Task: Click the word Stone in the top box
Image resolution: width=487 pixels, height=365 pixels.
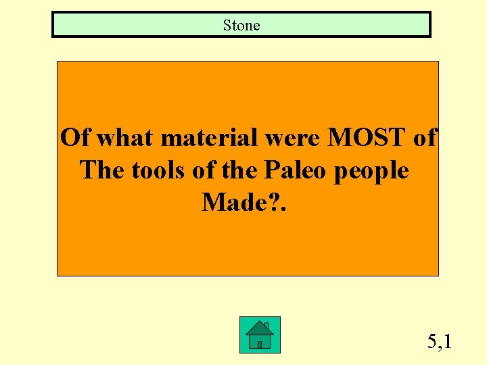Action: point(241,26)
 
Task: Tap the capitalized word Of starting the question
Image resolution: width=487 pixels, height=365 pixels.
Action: point(74,138)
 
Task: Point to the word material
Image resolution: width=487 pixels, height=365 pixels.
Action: point(206,138)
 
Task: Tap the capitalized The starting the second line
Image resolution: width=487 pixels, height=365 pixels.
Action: point(102,170)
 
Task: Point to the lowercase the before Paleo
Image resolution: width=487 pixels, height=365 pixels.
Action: point(236,170)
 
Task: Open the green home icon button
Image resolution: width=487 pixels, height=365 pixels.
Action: point(260,335)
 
